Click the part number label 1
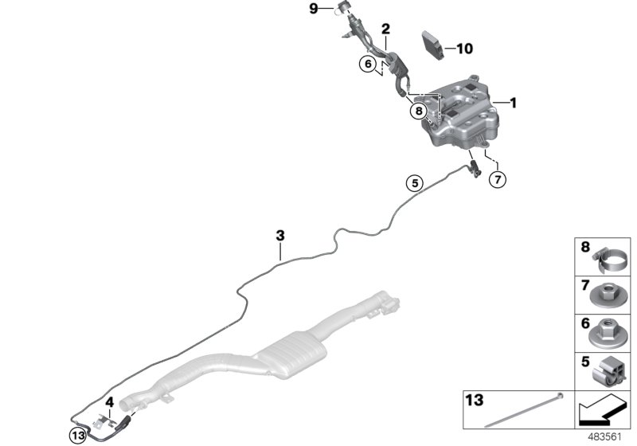[x=514, y=103]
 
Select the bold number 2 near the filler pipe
[x=385, y=29]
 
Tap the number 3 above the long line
[x=279, y=235]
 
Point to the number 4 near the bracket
[x=110, y=402]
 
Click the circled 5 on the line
[x=412, y=182]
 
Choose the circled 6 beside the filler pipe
[x=368, y=65]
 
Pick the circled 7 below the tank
[x=496, y=179]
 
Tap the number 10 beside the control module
[x=463, y=49]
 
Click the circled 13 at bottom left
[x=76, y=435]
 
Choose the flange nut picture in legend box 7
[x=608, y=294]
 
